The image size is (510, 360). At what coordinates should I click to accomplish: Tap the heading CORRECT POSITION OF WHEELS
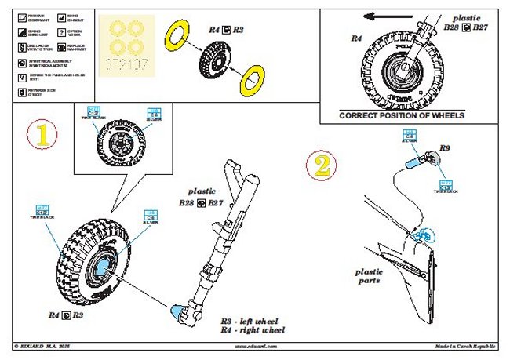(402, 115)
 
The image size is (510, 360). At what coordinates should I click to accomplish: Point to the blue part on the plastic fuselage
(424, 232)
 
